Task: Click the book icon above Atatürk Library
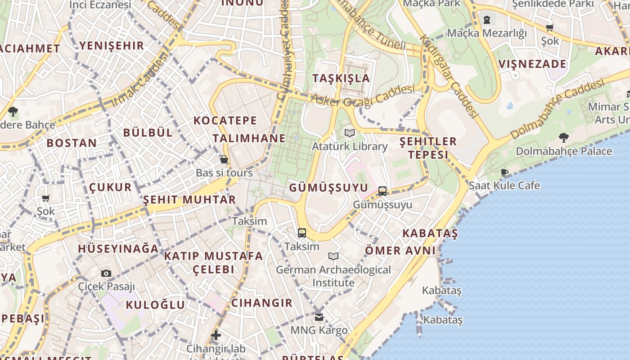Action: pos(350,133)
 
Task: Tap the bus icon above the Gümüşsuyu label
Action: pos(382,191)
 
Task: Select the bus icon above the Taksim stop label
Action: pos(302,233)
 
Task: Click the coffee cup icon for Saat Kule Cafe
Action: pos(504,172)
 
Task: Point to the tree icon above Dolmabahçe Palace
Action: pos(563,138)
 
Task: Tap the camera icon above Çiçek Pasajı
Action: pos(106,273)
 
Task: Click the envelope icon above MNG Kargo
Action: pos(319,317)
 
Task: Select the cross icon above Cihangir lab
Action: pos(216,335)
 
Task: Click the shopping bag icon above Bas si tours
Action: pos(224,160)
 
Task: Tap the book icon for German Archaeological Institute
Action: pos(333,256)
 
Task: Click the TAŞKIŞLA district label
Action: pos(341,78)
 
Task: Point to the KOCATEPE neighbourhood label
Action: pos(225,121)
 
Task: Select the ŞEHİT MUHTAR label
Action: pos(189,199)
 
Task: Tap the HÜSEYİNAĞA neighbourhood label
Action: pos(118,249)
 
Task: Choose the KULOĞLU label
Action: pos(155,305)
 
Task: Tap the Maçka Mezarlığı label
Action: pos(487,33)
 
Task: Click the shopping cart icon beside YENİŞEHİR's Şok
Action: pos(45,198)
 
